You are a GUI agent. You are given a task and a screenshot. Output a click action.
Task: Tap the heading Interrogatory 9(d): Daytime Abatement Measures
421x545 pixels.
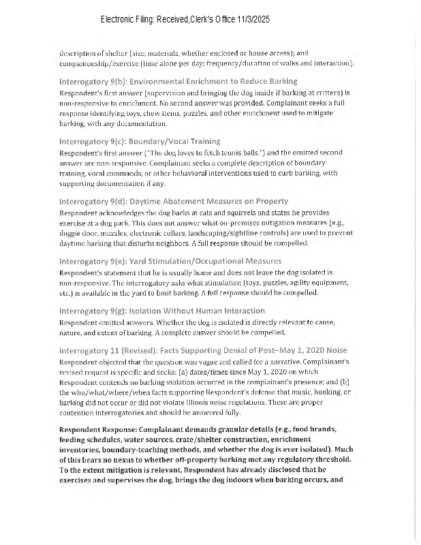174,201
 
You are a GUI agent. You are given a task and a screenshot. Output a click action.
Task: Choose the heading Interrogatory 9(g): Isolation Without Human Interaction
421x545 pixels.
162,311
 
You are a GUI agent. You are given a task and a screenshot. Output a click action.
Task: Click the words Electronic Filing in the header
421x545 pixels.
127,20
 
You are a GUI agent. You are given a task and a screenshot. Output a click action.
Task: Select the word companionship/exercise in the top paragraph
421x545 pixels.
98,63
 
